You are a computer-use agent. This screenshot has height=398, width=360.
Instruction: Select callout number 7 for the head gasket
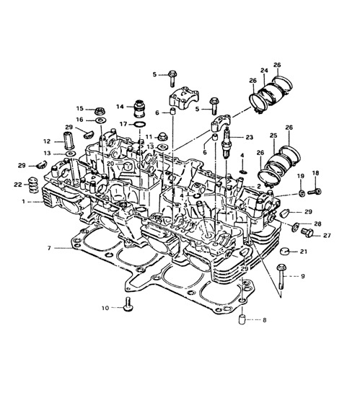[x=49, y=248]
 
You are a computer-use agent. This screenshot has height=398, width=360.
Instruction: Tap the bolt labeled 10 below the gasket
[x=128, y=304]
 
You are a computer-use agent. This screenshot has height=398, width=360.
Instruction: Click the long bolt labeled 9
[x=281, y=276]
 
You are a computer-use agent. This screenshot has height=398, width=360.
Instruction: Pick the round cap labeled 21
[x=285, y=252]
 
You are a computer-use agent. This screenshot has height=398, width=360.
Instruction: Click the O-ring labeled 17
[x=140, y=125]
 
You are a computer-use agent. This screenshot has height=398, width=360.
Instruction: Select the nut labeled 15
[x=100, y=111]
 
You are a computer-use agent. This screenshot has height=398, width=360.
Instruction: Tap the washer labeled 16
[x=101, y=120]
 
